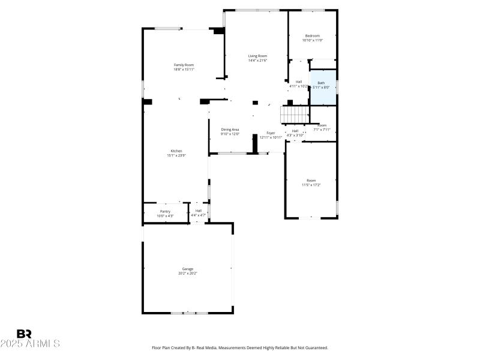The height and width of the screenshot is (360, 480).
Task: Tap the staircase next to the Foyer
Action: click(295, 113)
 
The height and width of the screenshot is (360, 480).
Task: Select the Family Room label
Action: click(184, 65)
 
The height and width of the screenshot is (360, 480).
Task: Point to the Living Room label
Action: click(257, 56)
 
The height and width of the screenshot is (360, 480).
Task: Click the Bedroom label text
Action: click(312, 36)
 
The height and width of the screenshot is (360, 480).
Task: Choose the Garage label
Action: click(187, 269)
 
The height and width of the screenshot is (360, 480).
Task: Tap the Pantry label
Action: click(165, 211)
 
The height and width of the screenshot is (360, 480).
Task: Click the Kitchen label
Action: click(176, 151)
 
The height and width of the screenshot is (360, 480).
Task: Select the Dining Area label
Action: click(230, 130)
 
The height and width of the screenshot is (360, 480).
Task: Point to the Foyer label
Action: click(271, 133)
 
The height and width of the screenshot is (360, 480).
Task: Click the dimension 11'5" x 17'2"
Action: click(311, 185)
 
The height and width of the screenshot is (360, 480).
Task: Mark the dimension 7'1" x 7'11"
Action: click(322, 130)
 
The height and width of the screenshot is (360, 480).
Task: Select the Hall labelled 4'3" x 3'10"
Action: click(295, 135)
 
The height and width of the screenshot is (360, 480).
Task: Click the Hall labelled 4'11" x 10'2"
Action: click(298, 86)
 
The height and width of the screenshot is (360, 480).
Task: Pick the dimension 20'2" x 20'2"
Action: click(187, 274)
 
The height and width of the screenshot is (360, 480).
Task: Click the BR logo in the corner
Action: click(24, 334)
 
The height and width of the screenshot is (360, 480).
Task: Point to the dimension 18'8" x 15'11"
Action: click(184, 70)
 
